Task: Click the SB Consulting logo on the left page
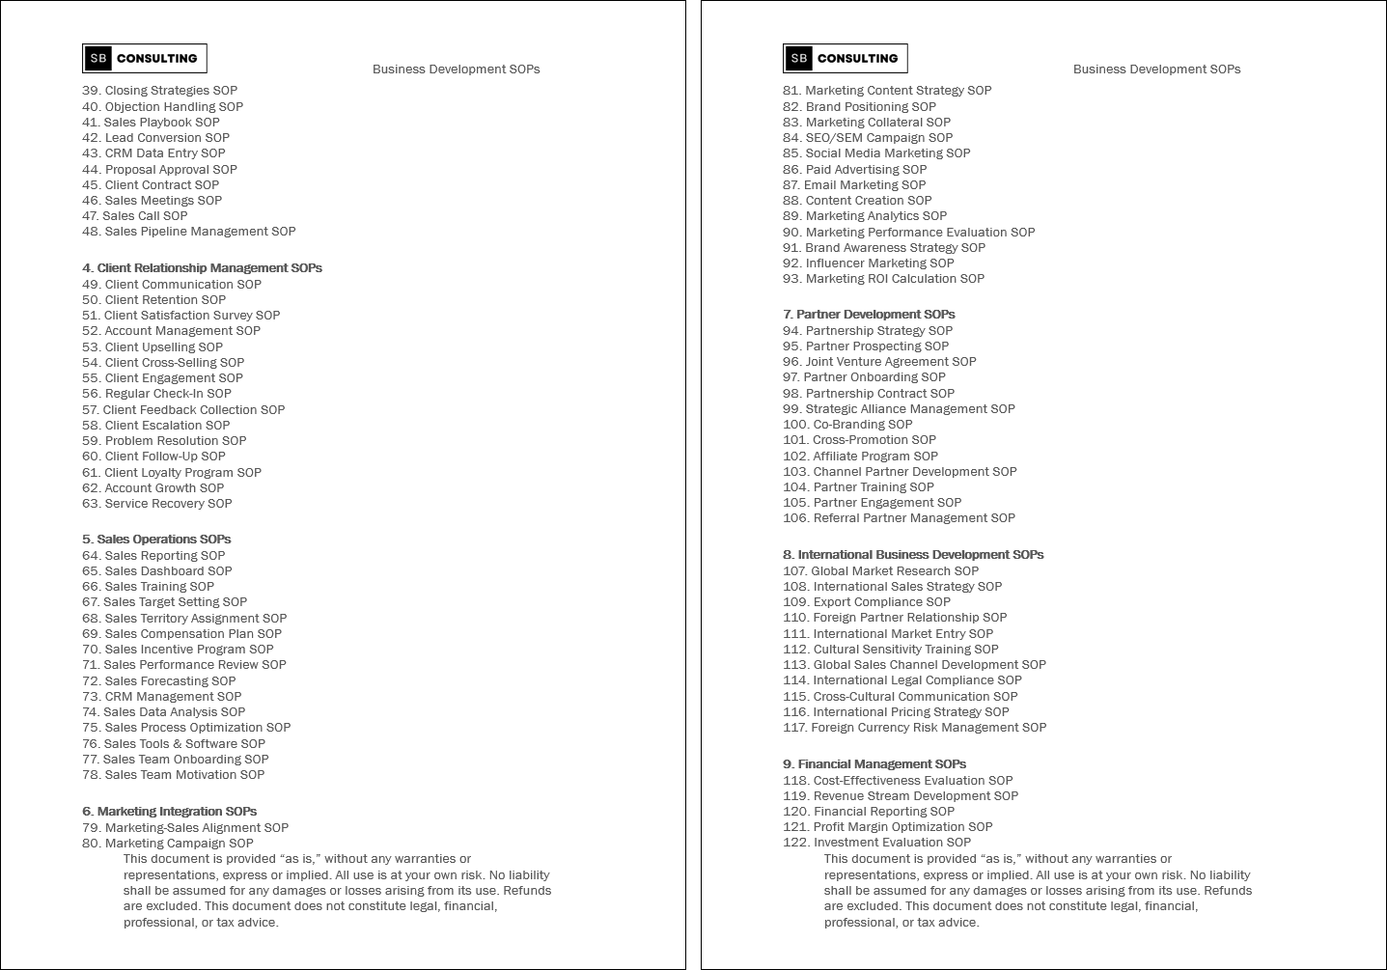145,59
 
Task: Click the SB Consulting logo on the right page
846,59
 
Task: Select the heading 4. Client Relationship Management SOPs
202,268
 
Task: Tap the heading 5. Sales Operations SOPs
156,540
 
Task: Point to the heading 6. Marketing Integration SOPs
169,812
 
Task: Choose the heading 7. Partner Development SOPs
869,315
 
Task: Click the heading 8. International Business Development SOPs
913,555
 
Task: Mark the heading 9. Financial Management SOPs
874,764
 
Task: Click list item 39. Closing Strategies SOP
159,91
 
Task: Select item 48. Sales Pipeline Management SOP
189,232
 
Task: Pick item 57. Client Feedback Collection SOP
183,410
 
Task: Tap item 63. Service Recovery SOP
157,504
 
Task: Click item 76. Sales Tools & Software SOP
174,744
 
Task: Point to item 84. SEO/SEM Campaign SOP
868,138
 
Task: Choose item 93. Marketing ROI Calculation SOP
883,279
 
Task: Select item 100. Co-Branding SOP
847,425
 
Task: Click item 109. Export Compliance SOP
867,602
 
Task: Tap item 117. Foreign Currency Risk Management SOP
914,728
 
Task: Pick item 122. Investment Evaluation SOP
876,843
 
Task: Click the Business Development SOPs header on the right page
1156,69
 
